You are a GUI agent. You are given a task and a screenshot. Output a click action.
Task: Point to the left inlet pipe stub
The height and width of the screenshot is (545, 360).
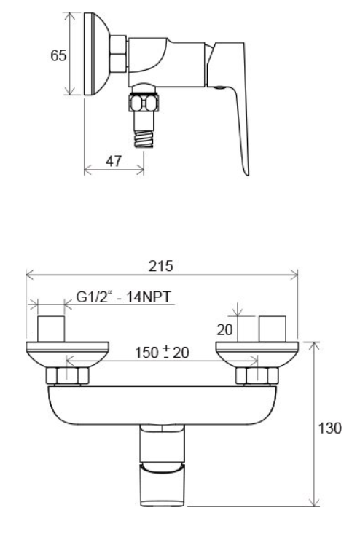52,329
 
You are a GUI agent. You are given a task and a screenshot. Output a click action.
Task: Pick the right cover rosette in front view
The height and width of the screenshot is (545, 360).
257,354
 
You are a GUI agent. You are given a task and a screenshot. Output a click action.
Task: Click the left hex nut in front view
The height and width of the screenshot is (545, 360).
67,377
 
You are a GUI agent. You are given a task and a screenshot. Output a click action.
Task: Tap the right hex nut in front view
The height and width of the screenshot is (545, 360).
257,377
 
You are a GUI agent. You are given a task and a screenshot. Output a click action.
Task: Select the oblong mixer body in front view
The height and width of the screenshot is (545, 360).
162,404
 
